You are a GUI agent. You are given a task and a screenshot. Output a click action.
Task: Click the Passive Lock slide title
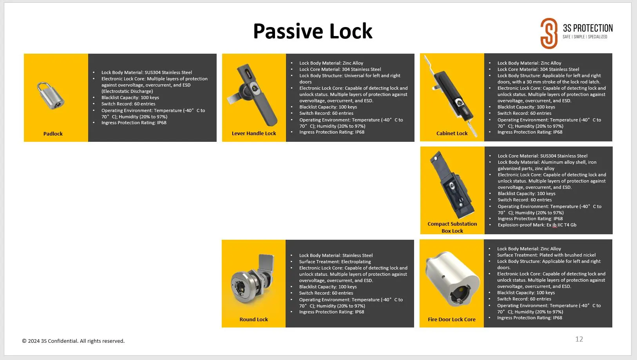pyautogui.click(x=313, y=31)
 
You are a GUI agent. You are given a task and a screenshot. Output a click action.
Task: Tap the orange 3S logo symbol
pyautogui.click(x=549, y=33)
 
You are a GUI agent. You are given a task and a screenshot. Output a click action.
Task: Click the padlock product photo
pyautogui.click(x=51, y=96)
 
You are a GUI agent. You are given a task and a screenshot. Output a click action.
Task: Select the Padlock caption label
pyautogui.click(x=53, y=134)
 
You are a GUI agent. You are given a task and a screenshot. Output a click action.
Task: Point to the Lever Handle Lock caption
pyautogui.click(x=253, y=133)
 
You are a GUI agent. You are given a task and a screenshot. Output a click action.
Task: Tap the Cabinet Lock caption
pyautogui.click(x=452, y=133)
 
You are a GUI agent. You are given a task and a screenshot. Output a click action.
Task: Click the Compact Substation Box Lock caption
pyautogui.click(x=452, y=227)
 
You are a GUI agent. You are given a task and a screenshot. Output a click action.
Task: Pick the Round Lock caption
pyautogui.click(x=253, y=319)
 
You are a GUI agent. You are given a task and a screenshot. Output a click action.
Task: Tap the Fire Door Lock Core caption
pyautogui.click(x=452, y=319)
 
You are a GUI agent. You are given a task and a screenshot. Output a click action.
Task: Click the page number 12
pyautogui.click(x=579, y=339)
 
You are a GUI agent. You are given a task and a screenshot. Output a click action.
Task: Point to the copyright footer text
pyautogui.click(x=73, y=341)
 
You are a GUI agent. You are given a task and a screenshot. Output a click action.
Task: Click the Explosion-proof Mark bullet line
pyautogui.click(x=537, y=225)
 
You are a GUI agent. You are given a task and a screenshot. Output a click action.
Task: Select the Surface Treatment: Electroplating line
pyautogui.click(x=335, y=262)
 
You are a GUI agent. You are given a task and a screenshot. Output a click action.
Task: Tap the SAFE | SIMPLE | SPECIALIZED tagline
pyautogui.click(x=585, y=37)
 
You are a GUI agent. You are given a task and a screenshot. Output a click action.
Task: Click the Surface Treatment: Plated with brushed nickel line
pyautogui.click(x=546, y=255)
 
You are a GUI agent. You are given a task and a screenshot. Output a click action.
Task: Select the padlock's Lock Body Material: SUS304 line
pyautogui.click(x=147, y=72)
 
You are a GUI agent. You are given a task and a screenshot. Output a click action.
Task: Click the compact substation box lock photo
pyautogui.click(x=452, y=185)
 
